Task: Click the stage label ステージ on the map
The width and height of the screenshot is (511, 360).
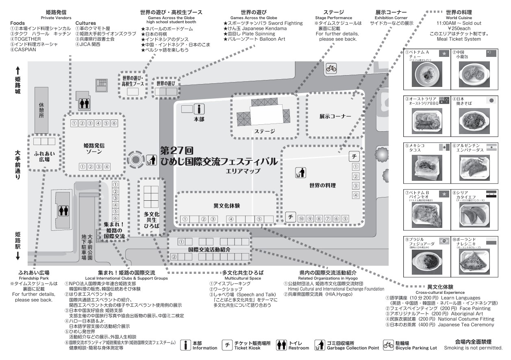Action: (x=265, y=131)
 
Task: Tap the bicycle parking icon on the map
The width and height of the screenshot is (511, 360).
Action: (x=331, y=69)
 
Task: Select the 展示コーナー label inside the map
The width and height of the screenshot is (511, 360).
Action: (x=335, y=117)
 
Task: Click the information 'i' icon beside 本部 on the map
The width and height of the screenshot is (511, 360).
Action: (x=199, y=109)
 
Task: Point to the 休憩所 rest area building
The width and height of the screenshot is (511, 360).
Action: (x=41, y=110)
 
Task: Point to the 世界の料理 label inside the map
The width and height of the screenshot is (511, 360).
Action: (x=322, y=186)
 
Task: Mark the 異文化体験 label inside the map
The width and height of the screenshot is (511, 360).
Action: (x=226, y=206)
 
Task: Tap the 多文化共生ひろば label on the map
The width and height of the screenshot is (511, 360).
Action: (x=152, y=219)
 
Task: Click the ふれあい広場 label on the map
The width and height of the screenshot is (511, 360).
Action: (x=41, y=156)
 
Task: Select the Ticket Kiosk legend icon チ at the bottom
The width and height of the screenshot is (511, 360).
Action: (x=227, y=345)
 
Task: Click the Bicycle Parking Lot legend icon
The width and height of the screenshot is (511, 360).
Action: (x=388, y=345)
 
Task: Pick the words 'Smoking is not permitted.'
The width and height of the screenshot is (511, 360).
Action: (x=473, y=348)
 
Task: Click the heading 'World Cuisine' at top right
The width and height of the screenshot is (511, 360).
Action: (x=459, y=18)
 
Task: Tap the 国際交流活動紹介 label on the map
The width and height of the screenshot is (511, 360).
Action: (x=210, y=249)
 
